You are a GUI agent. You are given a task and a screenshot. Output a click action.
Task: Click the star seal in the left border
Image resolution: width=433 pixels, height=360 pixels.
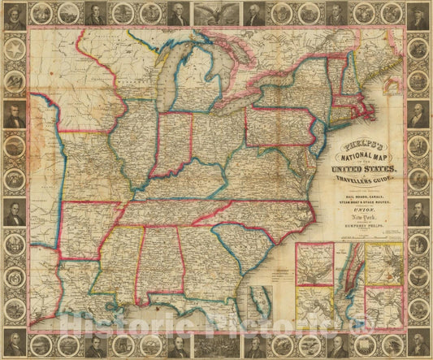(x=14, y=47)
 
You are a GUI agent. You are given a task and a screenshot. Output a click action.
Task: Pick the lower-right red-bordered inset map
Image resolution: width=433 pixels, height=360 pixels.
(x=383, y=306)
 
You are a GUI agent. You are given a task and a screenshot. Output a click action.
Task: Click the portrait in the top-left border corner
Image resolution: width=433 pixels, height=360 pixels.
(x=14, y=14)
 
